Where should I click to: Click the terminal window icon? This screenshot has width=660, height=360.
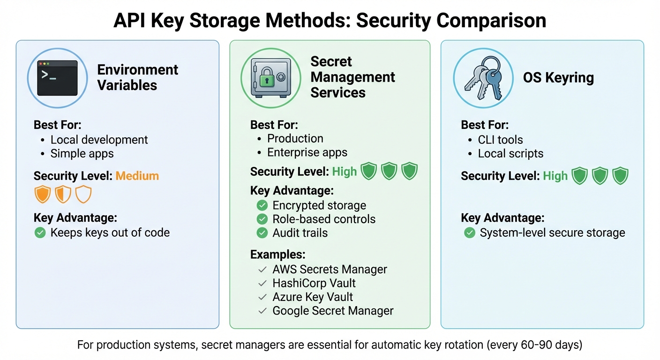point(57,78)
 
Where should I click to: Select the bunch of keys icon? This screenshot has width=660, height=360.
point(483,78)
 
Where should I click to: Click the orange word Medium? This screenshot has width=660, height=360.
point(137,176)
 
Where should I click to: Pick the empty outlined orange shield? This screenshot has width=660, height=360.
point(83,194)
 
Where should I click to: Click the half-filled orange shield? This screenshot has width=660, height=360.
point(63,194)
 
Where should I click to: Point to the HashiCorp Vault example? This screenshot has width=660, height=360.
point(314,283)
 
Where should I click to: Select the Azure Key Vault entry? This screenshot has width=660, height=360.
point(312,297)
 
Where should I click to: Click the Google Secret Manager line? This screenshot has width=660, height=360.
point(332,310)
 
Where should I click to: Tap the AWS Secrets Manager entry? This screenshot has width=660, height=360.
point(330,270)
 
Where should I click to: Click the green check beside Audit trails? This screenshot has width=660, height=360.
point(262,233)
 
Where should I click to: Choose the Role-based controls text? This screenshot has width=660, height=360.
point(323,219)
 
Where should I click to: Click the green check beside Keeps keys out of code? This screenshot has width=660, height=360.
point(40,232)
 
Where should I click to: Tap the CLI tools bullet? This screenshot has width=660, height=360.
point(500,140)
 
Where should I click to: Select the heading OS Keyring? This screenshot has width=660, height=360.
point(558,78)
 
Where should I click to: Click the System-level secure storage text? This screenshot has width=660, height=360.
point(552,233)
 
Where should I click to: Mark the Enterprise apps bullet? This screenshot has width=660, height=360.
point(307,152)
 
